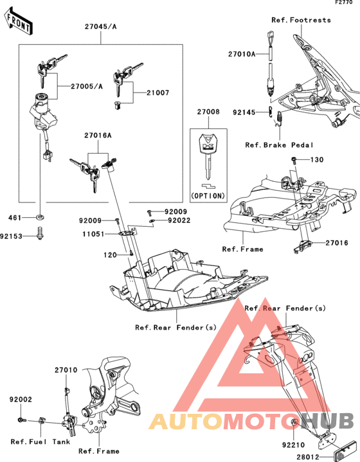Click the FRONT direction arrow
pyautogui.click(x=18, y=22)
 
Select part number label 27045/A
pyautogui.click(x=100, y=26)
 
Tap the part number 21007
pyautogui.click(x=158, y=93)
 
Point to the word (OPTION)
pyautogui.click(x=208, y=195)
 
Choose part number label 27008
pyautogui.click(x=208, y=112)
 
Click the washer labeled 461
pyautogui.click(x=40, y=217)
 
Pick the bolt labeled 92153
pyautogui.click(x=40, y=233)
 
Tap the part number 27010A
pyautogui.click(x=242, y=54)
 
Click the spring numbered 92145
pyautogui.click(x=271, y=112)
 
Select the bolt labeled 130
pyautogui.click(x=294, y=159)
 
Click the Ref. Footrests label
pyautogui.click(x=301, y=20)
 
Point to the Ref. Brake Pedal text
pyautogui.click(x=279, y=145)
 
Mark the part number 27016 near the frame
pyautogui.click(x=337, y=243)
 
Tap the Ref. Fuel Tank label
pyautogui.click(x=40, y=441)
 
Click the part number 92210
pyautogui.click(x=294, y=445)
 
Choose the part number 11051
pyautogui.click(x=93, y=235)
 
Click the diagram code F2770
pyautogui.click(x=344, y=3)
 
